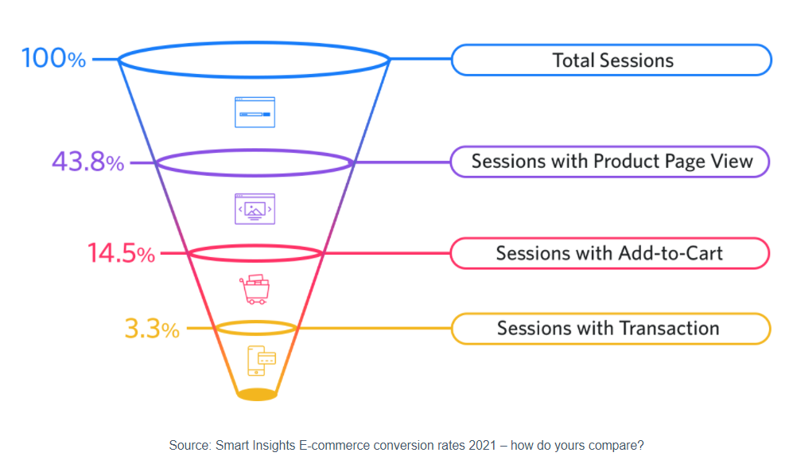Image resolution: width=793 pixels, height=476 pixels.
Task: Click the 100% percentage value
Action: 53,59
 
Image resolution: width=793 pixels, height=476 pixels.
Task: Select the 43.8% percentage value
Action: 87,162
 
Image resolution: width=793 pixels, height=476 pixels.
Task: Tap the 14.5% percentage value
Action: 121,254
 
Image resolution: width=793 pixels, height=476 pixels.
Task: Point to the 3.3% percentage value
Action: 152,328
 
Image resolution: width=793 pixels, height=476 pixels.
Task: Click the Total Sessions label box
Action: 612,60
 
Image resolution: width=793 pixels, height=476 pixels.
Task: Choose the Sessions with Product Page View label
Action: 611,162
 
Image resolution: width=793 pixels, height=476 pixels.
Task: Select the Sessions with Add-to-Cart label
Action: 609,253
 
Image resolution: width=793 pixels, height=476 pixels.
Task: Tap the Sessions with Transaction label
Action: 609,328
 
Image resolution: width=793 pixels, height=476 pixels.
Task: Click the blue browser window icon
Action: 255,112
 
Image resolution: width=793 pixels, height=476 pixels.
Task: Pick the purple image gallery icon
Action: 255,209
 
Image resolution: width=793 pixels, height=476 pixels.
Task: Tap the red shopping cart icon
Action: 255,290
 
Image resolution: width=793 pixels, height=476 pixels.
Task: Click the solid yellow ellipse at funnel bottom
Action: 257,394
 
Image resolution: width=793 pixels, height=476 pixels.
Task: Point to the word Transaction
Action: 669,328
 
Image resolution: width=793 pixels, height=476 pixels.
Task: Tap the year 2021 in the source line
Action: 480,446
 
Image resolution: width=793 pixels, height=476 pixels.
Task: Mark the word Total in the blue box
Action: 573,60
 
